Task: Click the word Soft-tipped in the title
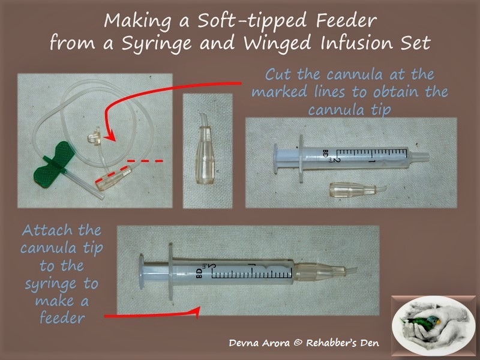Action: click(251, 21)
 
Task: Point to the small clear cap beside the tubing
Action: click(95, 136)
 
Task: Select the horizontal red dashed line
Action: click(145, 160)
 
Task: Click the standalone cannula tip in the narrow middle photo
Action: click(204, 149)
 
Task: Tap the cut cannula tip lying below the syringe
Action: click(357, 189)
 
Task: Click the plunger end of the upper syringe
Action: click(275, 159)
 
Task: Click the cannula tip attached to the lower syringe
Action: click(325, 272)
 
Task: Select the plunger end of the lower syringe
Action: click(141, 271)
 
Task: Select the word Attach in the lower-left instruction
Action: click(47, 230)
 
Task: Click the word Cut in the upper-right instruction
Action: click(278, 74)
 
